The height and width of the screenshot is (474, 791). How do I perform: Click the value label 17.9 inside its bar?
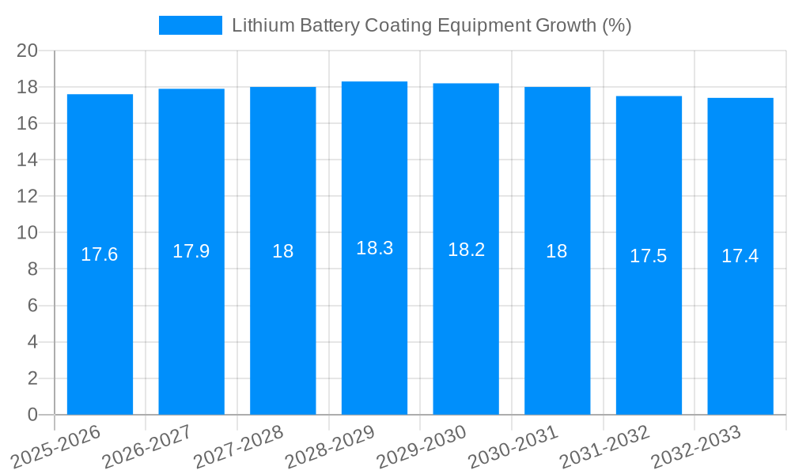click(x=191, y=251)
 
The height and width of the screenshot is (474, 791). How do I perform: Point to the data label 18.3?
click(x=374, y=248)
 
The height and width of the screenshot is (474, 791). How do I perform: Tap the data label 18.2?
click(x=466, y=250)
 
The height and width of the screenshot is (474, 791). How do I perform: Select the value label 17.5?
click(x=649, y=256)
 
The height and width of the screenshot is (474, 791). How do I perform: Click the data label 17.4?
click(x=740, y=256)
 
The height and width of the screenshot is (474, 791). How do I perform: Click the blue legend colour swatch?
click(x=191, y=25)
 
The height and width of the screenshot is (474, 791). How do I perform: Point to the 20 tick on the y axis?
click(x=28, y=51)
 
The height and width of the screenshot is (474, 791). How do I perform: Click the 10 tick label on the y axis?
click(x=28, y=233)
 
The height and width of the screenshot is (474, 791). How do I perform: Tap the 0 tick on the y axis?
click(x=32, y=415)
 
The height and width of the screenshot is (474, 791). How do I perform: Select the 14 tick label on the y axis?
click(x=28, y=160)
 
